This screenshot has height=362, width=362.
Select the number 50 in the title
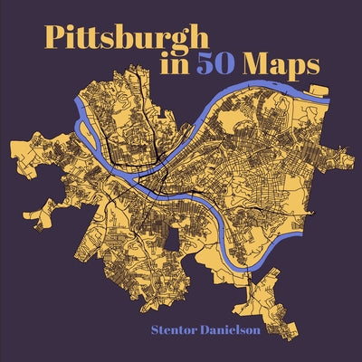[x=237, y=66]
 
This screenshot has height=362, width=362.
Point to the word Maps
[x=293, y=68]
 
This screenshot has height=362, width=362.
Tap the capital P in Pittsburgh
[x=55, y=39]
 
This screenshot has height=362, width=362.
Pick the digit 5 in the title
[x=227, y=66]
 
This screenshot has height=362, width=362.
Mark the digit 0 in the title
[x=246, y=66]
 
